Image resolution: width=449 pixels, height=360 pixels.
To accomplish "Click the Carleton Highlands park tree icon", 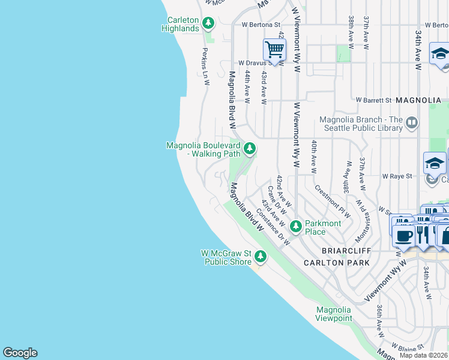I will click(x=208, y=23).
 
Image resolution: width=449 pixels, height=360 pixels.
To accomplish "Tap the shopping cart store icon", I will click(x=274, y=49).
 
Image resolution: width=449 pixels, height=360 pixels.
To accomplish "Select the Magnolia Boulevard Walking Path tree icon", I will click(x=249, y=148).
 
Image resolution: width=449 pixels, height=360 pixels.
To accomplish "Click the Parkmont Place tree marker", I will click(x=295, y=226).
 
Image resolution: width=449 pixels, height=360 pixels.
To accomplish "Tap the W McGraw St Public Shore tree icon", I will click(x=260, y=256).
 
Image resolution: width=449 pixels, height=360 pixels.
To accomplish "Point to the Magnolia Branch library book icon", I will click(x=412, y=124).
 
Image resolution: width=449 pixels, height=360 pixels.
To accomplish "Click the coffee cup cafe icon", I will click(x=405, y=236).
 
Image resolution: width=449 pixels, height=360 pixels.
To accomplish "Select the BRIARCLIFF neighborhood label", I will click(x=329, y=250).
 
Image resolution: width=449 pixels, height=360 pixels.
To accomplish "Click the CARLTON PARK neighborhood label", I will click(x=333, y=262).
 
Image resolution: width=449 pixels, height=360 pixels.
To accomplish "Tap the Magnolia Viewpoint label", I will click(x=334, y=314).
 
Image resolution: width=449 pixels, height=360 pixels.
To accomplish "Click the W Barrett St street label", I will click(x=373, y=100).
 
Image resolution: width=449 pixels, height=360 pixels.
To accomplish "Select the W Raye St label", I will click(x=397, y=176).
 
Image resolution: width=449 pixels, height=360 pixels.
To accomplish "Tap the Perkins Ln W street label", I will click(x=205, y=66).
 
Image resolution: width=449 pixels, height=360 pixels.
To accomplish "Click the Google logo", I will click(x=20, y=353).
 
